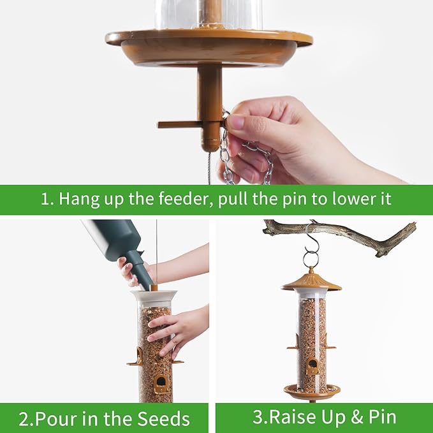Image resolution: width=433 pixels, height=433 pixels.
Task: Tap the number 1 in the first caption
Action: pos(45,199)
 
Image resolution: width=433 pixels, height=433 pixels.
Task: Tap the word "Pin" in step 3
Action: pos(381,418)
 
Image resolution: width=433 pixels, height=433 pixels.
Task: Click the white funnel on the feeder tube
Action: pos(154,298)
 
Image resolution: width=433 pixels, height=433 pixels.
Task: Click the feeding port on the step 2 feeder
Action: pos(161,382)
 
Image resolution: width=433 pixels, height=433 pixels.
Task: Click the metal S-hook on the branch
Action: pos(311,246)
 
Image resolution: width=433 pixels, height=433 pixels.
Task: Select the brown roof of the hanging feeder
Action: pos(311,280)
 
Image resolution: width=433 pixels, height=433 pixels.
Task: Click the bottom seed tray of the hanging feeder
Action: pos(312,390)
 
